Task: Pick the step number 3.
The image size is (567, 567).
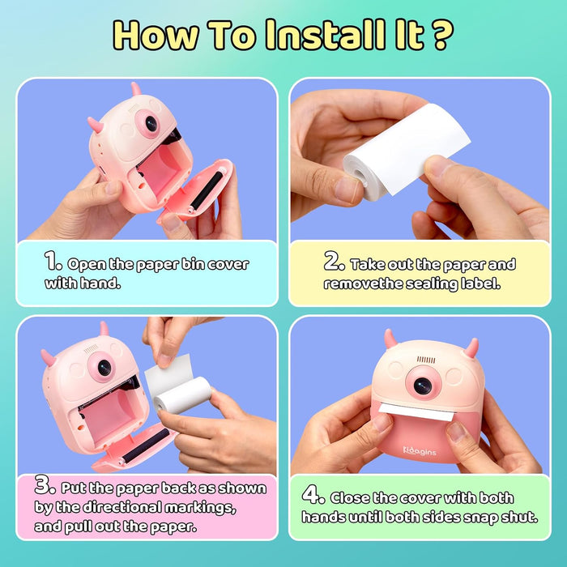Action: pyautogui.click(x=45, y=487)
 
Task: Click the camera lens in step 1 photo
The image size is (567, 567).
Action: pyautogui.click(x=151, y=123)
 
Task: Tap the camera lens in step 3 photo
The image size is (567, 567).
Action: pyautogui.click(x=104, y=367)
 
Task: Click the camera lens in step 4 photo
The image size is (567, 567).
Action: pyautogui.click(x=423, y=385)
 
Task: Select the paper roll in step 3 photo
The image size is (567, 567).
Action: pyautogui.click(x=181, y=394)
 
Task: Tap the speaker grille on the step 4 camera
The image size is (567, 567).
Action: pyautogui.click(x=426, y=359)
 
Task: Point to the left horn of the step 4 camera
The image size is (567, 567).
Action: pyautogui.click(x=390, y=338)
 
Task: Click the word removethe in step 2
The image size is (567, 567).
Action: pyautogui.click(x=360, y=284)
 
